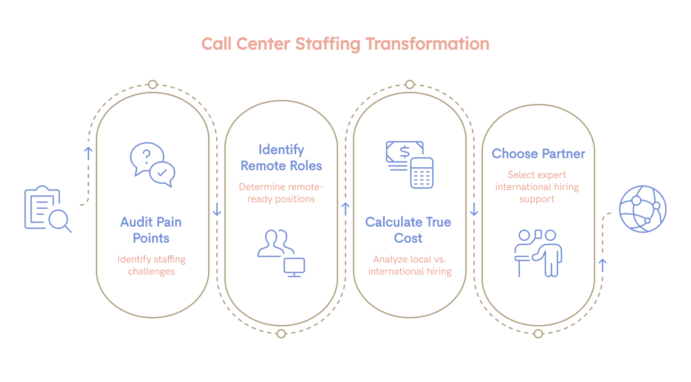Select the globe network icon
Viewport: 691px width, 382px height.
pyautogui.click(x=642, y=209)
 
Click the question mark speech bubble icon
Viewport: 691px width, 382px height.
pyautogui.click(x=152, y=164)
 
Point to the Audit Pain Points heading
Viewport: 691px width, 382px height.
pyautogui.click(x=151, y=230)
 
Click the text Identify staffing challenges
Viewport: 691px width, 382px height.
pyautogui.click(x=151, y=265)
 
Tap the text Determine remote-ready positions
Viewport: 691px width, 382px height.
pyautogui.click(x=281, y=193)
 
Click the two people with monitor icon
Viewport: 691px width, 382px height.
pyautogui.click(x=281, y=253)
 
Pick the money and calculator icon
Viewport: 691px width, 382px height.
pyautogui.click(x=409, y=164)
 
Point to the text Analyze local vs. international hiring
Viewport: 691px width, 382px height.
pyautogui.click(x=409, y=265)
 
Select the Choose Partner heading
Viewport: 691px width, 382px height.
pyautogui.click(x=538, y=154)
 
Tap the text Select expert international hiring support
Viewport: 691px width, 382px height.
pyautogui.click(x=537, y=187)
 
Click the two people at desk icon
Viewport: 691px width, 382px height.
pyautogui.click(x=538, y=253)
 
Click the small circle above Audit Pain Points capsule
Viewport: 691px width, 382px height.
pyautogui.click(x=152, y=84)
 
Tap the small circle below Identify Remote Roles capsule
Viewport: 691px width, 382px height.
pyautogui.click(x=281, y=334)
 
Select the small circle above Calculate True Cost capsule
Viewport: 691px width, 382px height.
pyautogui.click(x=410, y=84)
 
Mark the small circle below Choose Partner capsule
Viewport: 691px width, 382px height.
pyautogui.click(x=538, y=334)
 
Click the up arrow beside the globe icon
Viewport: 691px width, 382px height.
pyautogui.click(x=603, y=265)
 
